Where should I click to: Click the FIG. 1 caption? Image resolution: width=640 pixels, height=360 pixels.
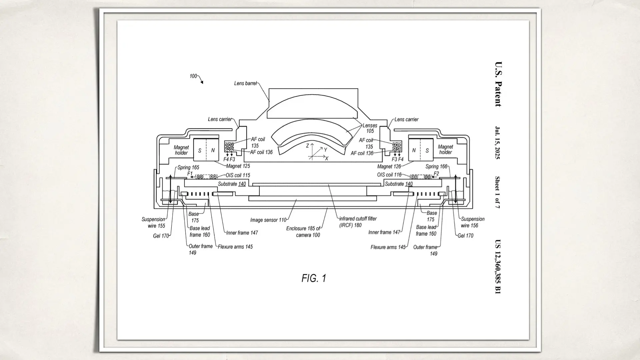314,278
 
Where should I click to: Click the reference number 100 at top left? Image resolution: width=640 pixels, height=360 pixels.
193,76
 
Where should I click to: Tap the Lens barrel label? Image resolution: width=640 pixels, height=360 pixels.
245,83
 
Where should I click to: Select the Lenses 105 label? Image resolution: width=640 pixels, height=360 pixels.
370,128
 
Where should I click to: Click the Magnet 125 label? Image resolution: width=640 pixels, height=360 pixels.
238,166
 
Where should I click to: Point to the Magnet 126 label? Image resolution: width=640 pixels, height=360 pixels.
389,166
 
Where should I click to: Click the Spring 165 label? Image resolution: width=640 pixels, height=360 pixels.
188,167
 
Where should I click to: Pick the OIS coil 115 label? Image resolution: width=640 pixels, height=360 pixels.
238,175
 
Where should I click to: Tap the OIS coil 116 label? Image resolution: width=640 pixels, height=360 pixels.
389,175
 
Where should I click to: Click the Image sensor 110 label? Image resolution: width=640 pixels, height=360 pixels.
268,220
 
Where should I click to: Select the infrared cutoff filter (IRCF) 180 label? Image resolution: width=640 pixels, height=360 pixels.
358,222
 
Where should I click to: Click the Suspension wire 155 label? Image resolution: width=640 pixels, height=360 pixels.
153,222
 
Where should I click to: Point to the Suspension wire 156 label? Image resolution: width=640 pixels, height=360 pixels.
472,222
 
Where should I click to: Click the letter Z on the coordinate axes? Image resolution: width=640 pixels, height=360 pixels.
308,146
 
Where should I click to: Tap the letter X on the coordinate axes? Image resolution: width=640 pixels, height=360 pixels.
327,159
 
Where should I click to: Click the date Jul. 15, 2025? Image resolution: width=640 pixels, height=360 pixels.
498,143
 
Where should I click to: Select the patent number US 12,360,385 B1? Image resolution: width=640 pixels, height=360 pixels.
498,267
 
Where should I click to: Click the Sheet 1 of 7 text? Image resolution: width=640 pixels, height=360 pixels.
497,192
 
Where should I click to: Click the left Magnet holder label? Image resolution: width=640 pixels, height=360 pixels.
181,150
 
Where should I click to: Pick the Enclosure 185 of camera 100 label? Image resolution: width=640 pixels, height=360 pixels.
303,232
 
